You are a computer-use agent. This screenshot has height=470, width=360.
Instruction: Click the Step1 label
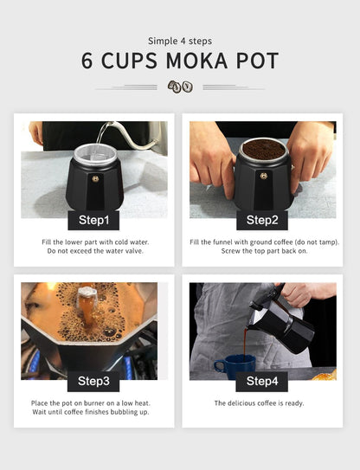(x=93, y=221)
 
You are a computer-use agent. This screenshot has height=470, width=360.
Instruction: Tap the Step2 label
(x=262, y=221)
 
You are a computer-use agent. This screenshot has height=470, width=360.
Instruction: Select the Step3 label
(x=93, y=381)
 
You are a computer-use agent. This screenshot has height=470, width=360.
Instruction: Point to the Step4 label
(x=262, y=381)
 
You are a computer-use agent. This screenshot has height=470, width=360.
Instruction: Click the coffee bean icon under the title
(x=180, y=87)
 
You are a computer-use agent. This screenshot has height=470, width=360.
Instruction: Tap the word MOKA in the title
(x=196, y=61)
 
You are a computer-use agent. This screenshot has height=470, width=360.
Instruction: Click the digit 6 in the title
(x=87, y=61)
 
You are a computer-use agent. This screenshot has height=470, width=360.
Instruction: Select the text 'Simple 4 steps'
(x=180, y=41)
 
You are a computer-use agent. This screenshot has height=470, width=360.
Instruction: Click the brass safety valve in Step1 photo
(x=95, y=179)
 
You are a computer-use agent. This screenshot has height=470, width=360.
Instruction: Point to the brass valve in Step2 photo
(x=264, y=176)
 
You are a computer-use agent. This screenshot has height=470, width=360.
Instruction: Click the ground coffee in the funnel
(x=263, y=149)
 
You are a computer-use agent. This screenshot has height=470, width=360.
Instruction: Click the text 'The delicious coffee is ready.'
(x=259, y=403)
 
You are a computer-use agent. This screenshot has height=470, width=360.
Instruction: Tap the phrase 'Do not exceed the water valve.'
(x=95, y=251)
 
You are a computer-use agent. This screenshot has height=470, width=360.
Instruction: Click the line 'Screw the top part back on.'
(x=265, y=251)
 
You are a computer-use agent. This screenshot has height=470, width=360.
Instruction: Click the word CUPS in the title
(x=129, y=61)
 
